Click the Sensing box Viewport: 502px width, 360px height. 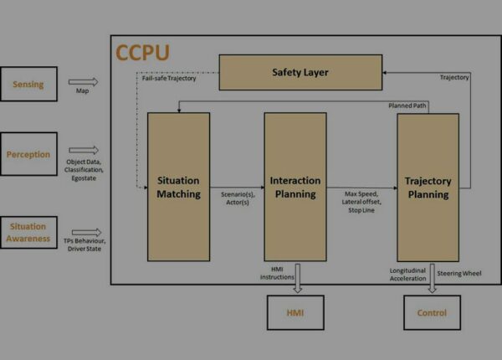coord(28,84)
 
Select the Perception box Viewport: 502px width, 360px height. coord(28,154)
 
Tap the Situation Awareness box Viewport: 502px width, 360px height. coord(28,232)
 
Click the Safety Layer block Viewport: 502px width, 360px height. coord(300,72)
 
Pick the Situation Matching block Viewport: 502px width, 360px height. coord(179,187)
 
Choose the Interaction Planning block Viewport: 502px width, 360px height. coord(295,187)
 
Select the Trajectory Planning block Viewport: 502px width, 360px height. coord(428,188)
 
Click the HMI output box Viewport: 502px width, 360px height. coord(295,312)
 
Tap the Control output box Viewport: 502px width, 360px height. coord(433,312)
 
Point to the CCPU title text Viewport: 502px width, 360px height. coord(142,53)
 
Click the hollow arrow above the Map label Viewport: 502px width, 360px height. coord(83,82)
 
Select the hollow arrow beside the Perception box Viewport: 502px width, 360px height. coord(84,150)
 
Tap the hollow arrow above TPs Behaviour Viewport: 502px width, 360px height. coord(86,232)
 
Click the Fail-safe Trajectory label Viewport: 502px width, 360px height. coord(169,78)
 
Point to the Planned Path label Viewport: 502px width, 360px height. coord(407,105)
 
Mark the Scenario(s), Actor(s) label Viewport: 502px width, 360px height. coord(238,198)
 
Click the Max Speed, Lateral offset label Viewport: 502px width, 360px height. coord(361,198)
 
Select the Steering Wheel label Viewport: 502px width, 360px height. coord(459,273)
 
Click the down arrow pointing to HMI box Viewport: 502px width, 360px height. coord(298,278)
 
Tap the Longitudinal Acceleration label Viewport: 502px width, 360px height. coord(408,275)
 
